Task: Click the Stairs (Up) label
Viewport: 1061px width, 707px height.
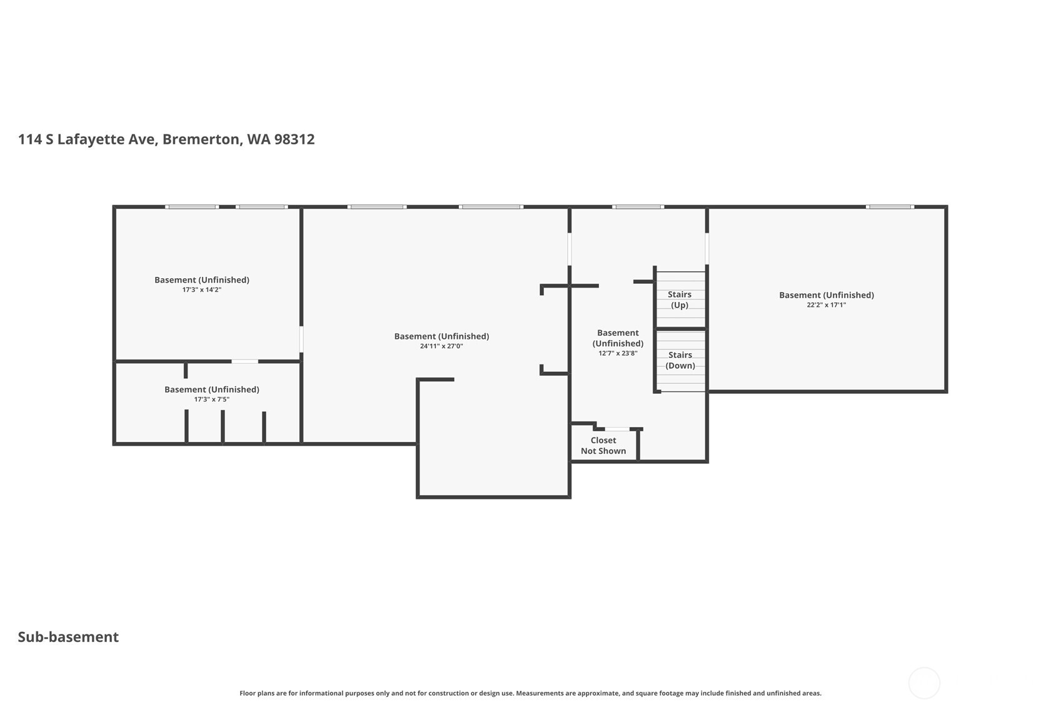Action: pos(680,299)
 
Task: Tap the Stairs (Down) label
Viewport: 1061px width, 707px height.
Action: pos(680,360)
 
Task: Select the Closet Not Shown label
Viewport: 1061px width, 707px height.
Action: pos(603,446)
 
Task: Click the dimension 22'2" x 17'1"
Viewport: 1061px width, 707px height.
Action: pos(826,305)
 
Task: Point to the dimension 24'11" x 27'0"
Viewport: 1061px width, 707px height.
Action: pos(441,346)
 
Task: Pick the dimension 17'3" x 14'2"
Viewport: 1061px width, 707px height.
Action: pos(202,290)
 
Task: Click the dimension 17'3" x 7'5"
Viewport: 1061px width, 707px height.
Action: pos(211,399)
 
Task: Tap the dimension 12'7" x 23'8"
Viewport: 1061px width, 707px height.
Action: pos(618,353)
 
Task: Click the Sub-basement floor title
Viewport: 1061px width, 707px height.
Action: pos(68,637)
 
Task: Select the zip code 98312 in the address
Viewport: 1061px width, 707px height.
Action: pos(294,139)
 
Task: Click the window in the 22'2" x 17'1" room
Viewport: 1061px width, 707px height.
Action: pos(890,207)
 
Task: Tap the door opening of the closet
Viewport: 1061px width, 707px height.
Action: pos(617,429)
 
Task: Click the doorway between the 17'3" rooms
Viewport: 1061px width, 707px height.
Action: pos(244,361)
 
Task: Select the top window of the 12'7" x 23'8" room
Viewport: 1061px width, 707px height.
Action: pos(638,207)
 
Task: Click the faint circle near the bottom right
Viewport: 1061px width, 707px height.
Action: pos(924,683)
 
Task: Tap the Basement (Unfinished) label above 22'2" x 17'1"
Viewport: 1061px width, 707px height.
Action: pos(826,295)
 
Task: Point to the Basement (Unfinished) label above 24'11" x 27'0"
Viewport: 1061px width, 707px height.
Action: pos(441,336)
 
